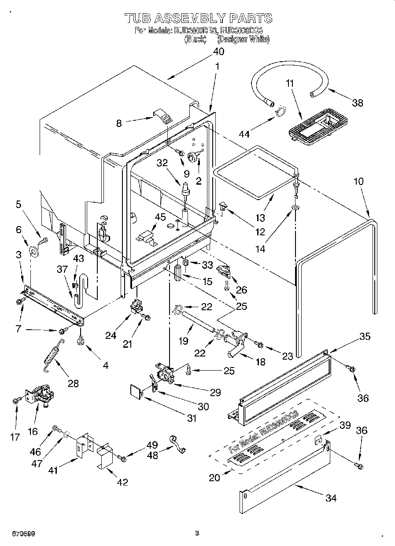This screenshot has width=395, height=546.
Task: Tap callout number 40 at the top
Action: pyautogui.click(x=218, y=52)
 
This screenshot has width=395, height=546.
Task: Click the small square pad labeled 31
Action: pyautogui.click(x=136, y=391)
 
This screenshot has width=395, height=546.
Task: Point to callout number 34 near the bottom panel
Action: pyautogui.click(x=330, y=498)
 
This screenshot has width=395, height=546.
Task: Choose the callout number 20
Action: pyautogui.click(x=214, y=477)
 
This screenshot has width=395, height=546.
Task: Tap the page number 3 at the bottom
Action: pyautogui.click(x=197, y=533)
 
